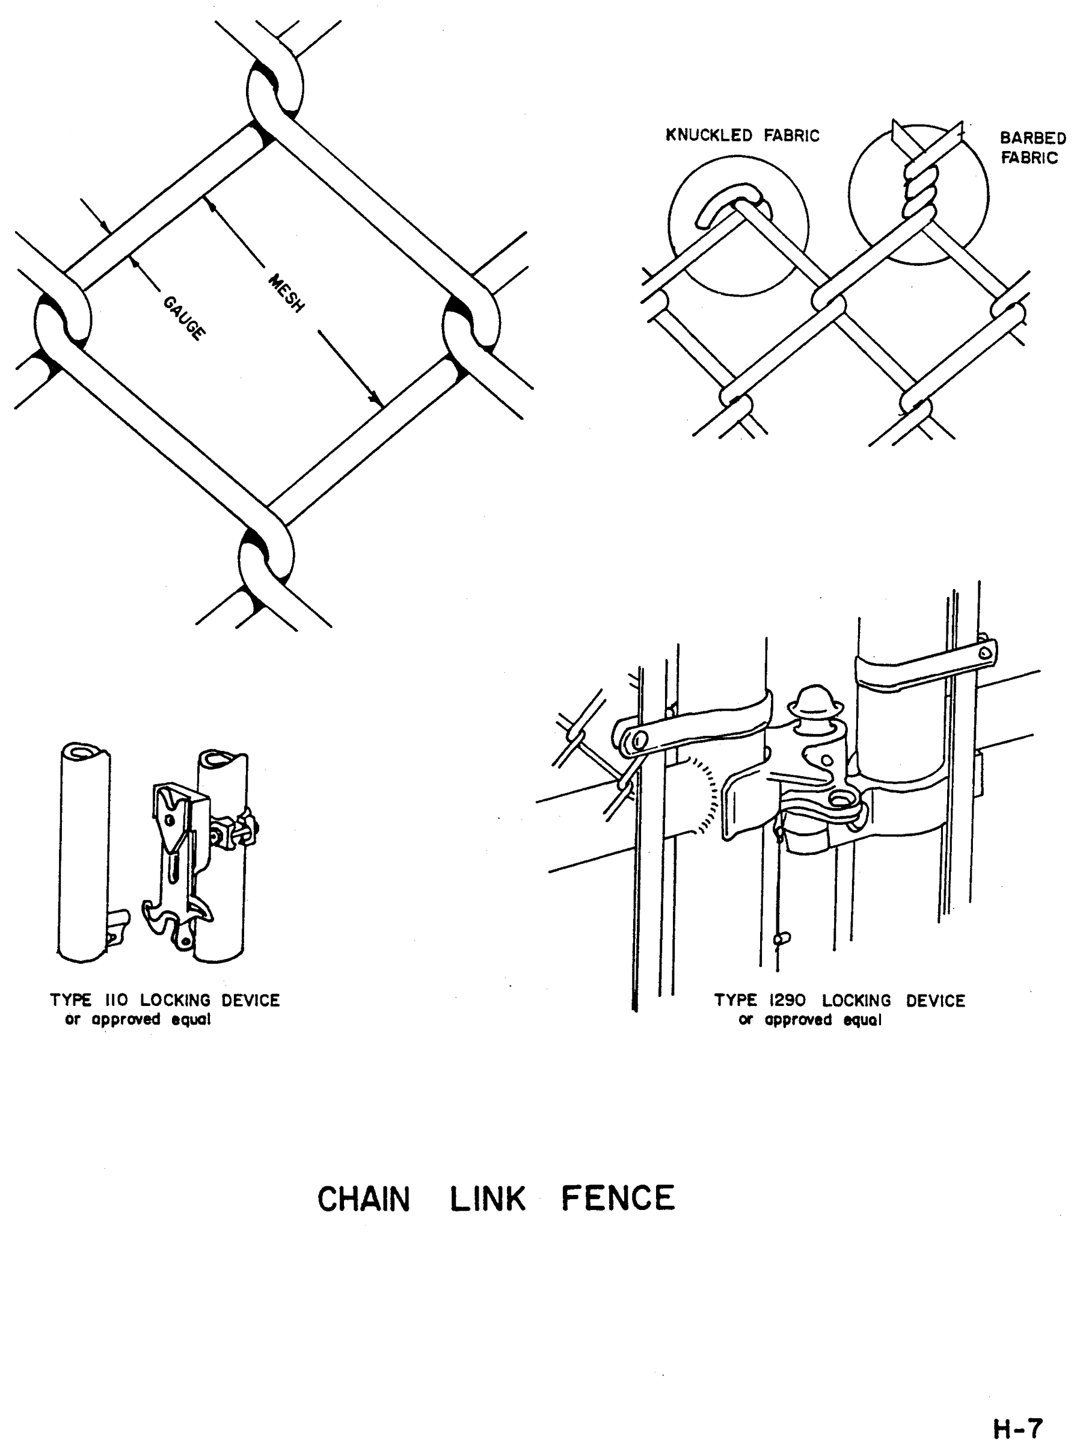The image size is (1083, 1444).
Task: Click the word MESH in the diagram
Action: (x=286, y=293)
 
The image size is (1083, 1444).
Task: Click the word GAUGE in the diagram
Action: (x=184, y=318)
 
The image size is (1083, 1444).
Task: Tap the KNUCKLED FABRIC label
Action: (x=742, y=136)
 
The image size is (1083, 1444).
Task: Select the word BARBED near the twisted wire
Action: (x=1032, y=138)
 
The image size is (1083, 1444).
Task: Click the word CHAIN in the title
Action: (x=363, y=1199)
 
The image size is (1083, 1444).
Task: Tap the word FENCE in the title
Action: (x=618, y=1199)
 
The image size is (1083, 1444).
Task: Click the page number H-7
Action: (x=1018, y=1428)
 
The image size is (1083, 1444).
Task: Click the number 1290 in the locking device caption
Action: (x=788, y=1001)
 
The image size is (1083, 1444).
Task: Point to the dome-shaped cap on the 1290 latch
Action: (x=815, y=698)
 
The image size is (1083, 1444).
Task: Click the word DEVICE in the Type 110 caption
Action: (x=251, y=1001)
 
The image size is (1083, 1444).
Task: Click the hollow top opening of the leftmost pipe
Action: (x=85, y=753)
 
